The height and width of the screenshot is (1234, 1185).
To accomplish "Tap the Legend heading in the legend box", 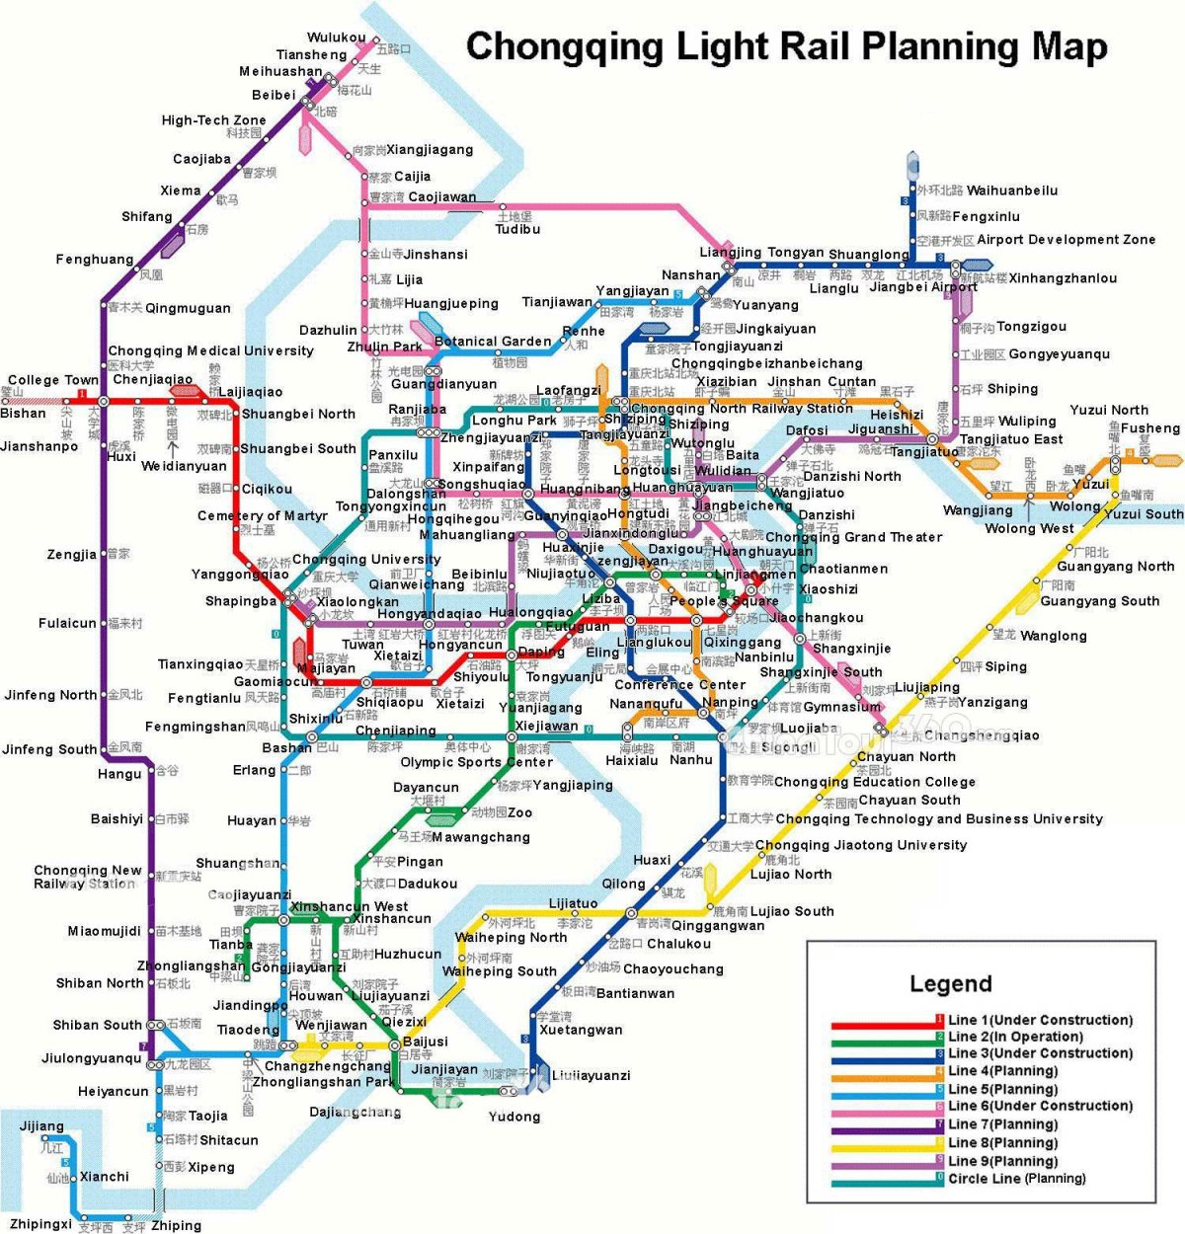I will [x=950, y=984].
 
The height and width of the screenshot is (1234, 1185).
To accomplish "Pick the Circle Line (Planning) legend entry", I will [x=1016, y=1178].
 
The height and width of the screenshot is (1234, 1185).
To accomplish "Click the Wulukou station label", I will [x=336, y=39].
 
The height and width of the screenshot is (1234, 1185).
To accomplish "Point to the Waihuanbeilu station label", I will [x=1012, y=191].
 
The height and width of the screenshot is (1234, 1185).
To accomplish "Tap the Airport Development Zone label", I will [x=1066, y=240].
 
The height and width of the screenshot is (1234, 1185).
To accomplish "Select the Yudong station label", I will [x=514, y=1117].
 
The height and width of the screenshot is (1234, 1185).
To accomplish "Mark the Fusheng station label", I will [x=1150, y=428].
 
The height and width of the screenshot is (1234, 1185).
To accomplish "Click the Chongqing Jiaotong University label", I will [x=860, y=845].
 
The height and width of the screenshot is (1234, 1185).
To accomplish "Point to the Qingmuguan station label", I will [x=188, y=308].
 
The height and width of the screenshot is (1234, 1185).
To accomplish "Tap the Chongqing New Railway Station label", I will [x=88, y=877].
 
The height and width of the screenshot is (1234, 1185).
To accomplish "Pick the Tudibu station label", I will [x=517, y=229].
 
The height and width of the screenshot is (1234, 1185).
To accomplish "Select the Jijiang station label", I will [x=41, y=1125].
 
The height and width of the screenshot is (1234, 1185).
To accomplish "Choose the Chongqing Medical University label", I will [x=210, y=350].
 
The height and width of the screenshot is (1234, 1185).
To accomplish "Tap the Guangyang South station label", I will [x=1099, y=601].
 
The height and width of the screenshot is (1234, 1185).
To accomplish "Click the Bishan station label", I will [x=23, y=414].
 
